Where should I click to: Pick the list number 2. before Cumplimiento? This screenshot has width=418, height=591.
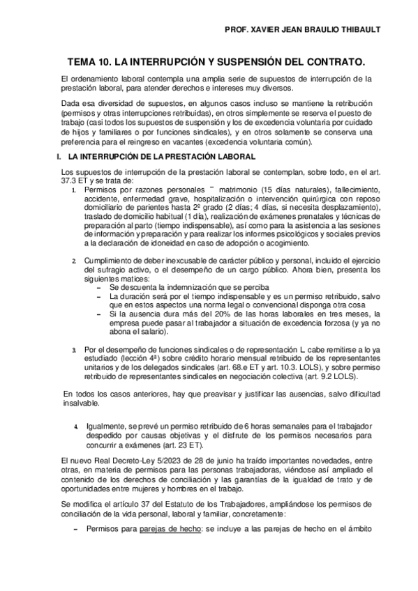[x=75, y=261]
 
